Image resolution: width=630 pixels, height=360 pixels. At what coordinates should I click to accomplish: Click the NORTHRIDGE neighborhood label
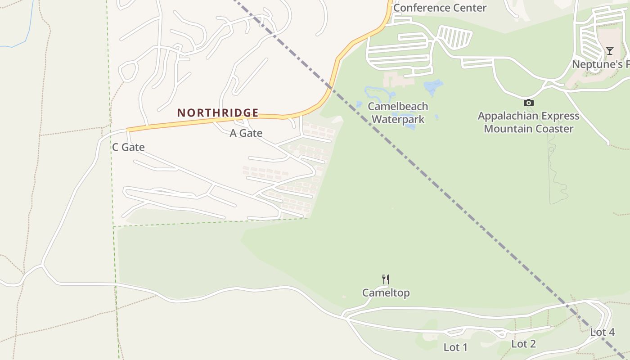click(x=218, y=112)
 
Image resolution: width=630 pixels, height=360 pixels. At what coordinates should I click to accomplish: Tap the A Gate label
click(x=246, y=133)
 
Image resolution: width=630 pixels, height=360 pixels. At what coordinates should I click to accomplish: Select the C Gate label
click(x=128, y=147)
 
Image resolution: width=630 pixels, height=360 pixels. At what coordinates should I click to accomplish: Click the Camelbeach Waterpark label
click(x=398, y=113)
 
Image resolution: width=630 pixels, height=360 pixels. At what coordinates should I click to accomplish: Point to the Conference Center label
click(x=440, y=8)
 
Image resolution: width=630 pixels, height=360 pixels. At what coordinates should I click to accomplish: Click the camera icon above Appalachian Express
click(x=529, y=103)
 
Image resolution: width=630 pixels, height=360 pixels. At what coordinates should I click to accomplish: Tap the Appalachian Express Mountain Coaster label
click(x=528, y=122)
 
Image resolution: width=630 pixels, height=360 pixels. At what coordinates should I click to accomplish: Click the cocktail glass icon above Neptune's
click(x=609, y=51)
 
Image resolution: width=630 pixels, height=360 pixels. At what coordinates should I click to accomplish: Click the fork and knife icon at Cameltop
click(x=386, y=279)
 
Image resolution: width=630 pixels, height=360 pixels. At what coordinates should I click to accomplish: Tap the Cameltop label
click(x=386, y=293)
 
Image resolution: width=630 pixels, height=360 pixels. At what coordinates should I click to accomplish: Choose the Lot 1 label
click(x=455, y=347)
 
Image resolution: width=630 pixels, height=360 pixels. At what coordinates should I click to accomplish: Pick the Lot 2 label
click(x=523, y=344)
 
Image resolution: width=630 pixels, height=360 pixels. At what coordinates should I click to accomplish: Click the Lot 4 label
click(x=602, y=333)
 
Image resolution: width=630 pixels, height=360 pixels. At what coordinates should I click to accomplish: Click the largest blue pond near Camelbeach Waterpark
click(x=433, y=86)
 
